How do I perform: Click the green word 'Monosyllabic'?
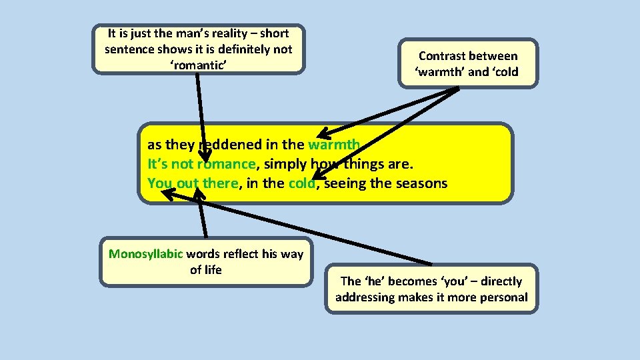click(x=146, y=254)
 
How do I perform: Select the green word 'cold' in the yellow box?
click(x=301, y=183)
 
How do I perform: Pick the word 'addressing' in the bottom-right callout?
click(x=365, y=297)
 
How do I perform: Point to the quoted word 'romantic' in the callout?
click(x=199, y=65)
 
